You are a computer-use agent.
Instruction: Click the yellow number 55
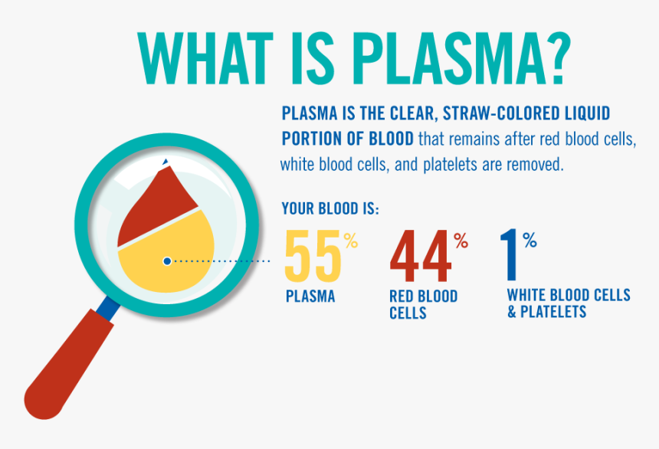pyautogui.click(x=313, y=256)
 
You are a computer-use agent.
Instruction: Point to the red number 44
pyautogui.click(x=420, y=256)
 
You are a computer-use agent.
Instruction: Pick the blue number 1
pyautogui.click(x=509, y=254)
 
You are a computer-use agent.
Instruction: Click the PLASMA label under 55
pyautogui.click(x=310, y=297)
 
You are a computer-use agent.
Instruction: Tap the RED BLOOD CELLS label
pyautogui.click(x=423, y=304)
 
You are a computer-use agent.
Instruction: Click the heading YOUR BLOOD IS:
pyautogui.click(x=330, y=208)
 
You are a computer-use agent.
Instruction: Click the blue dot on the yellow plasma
pyautogui.click(x=167, y=261)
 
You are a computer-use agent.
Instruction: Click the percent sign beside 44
pyautogui.click(x=461, y=241)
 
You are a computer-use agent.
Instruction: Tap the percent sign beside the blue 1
pyautogui.click(x=530, y=240)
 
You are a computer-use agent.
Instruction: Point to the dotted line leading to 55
pyautogui.click(x=221, y=261)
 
